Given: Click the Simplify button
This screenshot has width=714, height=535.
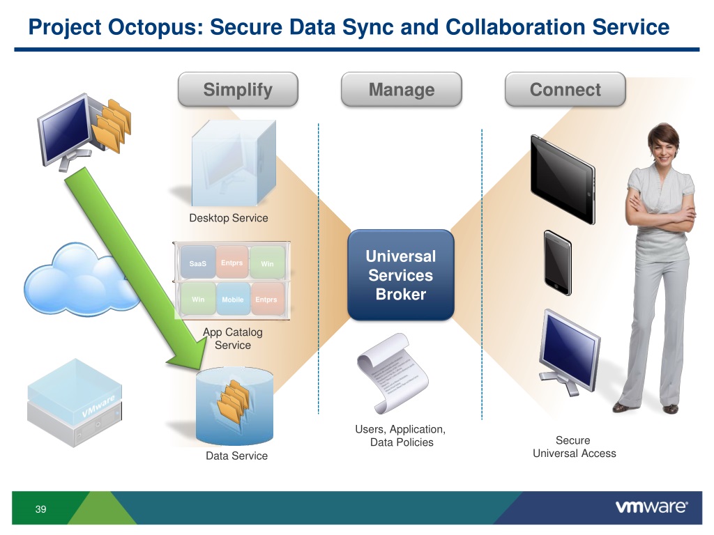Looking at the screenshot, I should pyautogui.click(x=238, y=90).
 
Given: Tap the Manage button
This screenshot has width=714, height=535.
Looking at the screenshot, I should pyautogui.click(x=401, y=90).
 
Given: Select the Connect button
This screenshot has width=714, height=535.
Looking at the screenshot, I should pyautogui.click(x=565, y=90).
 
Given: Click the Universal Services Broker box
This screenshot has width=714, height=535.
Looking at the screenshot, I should pyautogui.click(x=401, y=275).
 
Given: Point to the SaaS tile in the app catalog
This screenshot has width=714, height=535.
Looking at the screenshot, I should pyautogui.click(x=198, y=264).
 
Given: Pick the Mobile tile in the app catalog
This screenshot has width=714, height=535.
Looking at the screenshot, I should pyautogui.click(x=232, y=300).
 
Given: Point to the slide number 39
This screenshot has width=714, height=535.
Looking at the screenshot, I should pyautogui.click(x=40, y=510).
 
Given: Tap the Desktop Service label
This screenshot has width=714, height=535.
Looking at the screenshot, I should pyautogui.click(x=228, y=218).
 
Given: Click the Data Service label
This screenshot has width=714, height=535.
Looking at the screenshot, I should pyautogui.click(x=236, y=456).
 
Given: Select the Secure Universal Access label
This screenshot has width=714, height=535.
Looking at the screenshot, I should pyautogui.click(x=574, y=447).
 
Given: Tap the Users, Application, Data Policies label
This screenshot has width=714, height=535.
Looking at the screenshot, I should pyautogui.click(x=401, y=436).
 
